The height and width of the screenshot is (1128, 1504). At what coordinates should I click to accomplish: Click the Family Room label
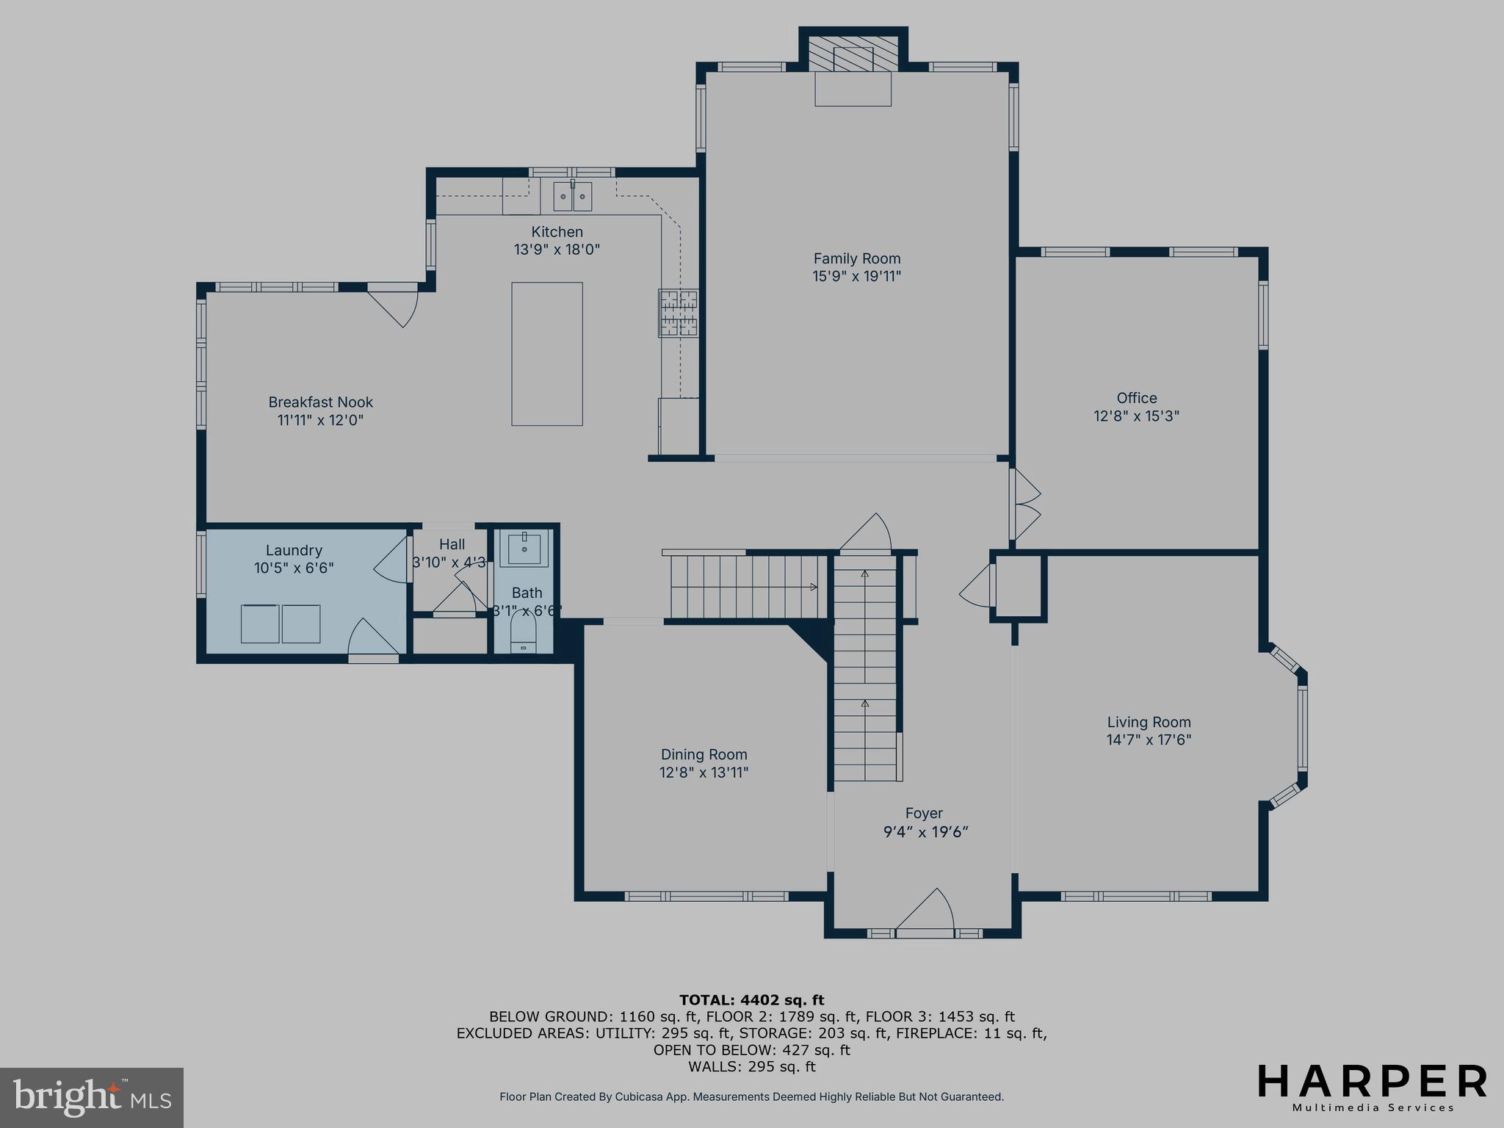pos(856,258)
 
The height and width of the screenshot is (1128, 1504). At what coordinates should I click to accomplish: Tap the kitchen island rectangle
pos(547,353)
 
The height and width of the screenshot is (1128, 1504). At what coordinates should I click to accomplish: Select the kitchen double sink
pos(572,197)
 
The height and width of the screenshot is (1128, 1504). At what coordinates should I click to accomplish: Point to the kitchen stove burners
pos(678,314)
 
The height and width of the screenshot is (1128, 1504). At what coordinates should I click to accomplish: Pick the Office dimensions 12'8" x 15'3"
pos(1136,416)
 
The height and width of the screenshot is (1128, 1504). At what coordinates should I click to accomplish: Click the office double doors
pos(1025,505)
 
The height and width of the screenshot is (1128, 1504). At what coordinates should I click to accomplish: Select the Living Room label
pos(1149,722)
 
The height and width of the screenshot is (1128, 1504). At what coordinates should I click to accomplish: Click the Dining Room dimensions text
pos(704,772)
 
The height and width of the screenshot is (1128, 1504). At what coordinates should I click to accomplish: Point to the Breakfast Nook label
pos(320,402)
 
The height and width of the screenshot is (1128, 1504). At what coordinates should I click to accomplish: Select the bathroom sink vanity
pos(524,549)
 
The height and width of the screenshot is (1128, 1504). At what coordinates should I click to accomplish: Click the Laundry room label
pos(294,550)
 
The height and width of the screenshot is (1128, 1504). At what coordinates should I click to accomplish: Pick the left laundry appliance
pos(260,623)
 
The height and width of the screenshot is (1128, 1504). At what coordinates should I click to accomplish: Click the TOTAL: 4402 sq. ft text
pos(751,999)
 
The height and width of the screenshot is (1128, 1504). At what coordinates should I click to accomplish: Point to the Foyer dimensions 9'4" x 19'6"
pos(925,832)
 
